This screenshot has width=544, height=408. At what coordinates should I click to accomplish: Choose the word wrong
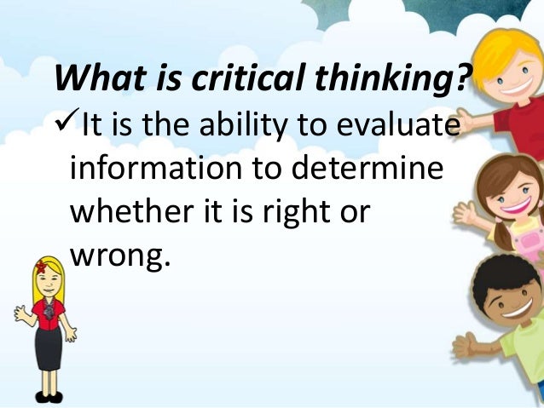(x=120, y=253)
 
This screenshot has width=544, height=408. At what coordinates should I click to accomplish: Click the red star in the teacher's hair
(x=40, y=267)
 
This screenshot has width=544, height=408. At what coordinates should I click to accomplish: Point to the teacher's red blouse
(x=48, y=311)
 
